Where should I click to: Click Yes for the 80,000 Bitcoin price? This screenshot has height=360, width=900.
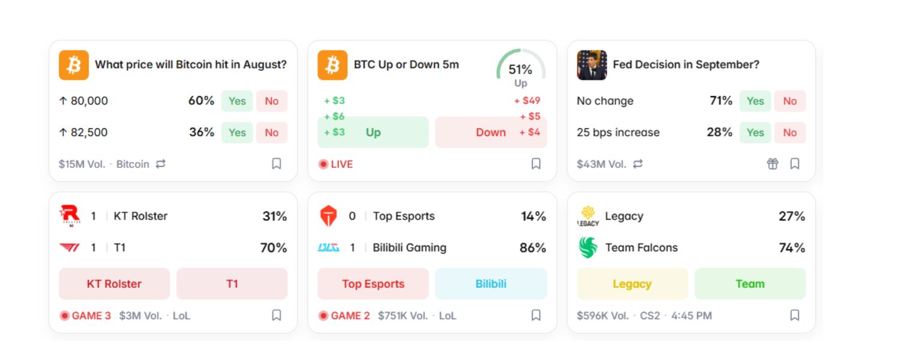click(237, 101)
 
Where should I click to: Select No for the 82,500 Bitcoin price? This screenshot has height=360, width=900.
click(272, 133)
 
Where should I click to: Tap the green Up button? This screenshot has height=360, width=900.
click(373, 132)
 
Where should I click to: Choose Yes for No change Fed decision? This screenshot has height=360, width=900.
click(755, 101)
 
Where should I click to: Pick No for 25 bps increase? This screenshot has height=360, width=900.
click(790, 133)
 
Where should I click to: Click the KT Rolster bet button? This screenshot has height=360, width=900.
click(114, 284)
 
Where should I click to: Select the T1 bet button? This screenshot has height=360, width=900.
click(232, 284)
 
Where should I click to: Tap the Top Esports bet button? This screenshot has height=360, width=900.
click(373, 284)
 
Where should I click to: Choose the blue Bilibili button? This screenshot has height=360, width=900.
click(491, 284)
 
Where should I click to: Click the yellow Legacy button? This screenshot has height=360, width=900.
click(632, 284)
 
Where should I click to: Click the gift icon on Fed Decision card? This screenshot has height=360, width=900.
click(772, 164)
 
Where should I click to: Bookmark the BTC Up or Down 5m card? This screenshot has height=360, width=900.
click(536, 164)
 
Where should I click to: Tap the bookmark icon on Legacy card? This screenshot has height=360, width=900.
click(795, 315)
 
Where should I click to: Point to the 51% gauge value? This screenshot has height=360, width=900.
click(520, 70)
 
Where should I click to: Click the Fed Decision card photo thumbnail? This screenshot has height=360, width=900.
click(592, 65)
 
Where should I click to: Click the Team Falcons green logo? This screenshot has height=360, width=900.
click(588, 247)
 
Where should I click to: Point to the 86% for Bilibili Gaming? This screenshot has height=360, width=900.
click(533, 247)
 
